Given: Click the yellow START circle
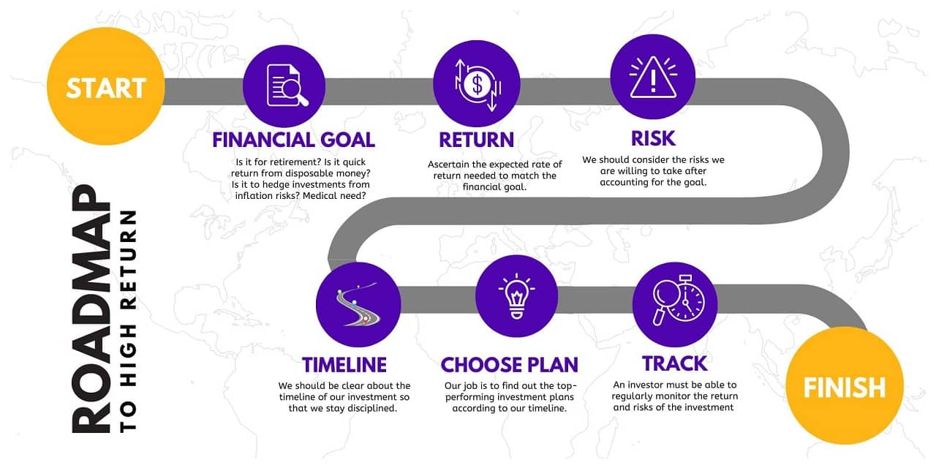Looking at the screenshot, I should [106, 88].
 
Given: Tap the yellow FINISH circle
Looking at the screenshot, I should [844, 386].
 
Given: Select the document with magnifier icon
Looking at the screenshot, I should [284, 85].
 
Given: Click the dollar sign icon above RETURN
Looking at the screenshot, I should [476, 85].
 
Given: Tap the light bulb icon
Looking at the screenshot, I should [517, 295].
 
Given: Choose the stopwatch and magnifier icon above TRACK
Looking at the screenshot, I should [675, 305].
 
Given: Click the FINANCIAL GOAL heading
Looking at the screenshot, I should [293, 140].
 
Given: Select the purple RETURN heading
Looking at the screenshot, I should [476, 140].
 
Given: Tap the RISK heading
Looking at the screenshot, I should [652, 137].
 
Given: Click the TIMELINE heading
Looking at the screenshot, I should [344, 364].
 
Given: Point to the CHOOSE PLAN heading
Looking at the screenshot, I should [509, 364].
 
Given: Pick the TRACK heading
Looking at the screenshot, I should [674, 363].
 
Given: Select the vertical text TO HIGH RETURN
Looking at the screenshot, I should [129, 320].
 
